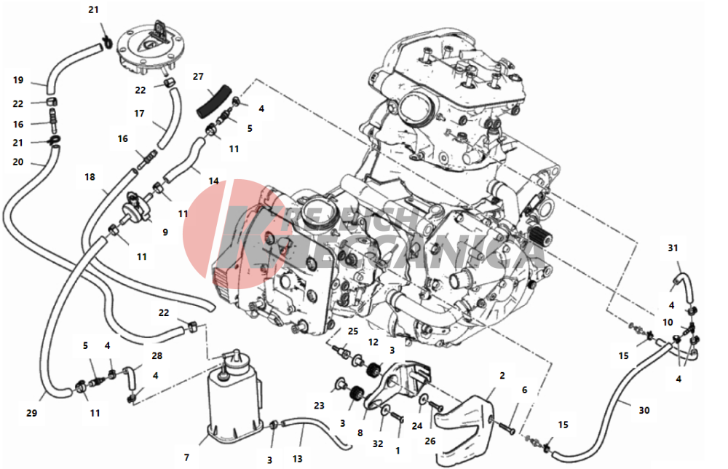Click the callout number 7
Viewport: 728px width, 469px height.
[186, 457]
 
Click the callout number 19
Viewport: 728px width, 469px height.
[18, 79]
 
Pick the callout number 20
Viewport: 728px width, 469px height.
[18, 162]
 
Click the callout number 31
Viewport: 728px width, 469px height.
[673, 248]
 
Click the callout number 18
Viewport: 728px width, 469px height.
[90, 177]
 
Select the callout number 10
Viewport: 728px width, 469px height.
[668, 322]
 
